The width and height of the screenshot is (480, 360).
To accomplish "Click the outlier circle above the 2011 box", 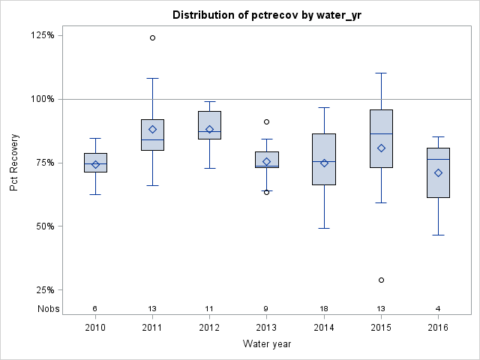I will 152,37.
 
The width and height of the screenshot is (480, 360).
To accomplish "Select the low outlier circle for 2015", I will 381,280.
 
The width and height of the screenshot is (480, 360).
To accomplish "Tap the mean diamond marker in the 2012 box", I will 209,129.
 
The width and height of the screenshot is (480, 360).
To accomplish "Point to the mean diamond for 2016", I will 438,172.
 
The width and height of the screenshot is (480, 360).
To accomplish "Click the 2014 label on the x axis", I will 324,327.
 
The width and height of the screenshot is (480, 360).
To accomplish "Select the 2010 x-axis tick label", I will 95,327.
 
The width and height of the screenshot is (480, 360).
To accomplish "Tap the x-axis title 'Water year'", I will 266,344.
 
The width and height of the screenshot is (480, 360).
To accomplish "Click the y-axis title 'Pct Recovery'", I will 14,163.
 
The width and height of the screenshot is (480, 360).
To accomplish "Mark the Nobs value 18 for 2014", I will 324,308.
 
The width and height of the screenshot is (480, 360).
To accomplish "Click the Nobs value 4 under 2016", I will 438,308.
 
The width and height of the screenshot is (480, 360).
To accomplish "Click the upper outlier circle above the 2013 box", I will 266,121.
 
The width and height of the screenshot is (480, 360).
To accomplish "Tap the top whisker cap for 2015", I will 381,73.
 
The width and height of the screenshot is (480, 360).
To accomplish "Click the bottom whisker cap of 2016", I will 438,235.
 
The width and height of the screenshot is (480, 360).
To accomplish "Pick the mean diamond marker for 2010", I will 95,164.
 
